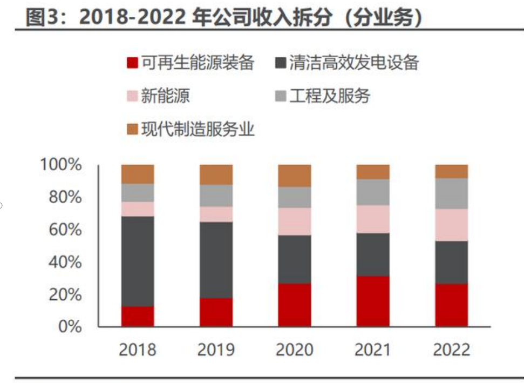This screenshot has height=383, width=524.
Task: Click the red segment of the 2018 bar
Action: point(138,316)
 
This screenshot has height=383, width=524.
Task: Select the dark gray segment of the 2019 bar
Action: point(216,260)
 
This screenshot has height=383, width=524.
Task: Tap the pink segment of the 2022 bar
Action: point(452,225)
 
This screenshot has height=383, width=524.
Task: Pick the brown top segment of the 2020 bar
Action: point(295,176)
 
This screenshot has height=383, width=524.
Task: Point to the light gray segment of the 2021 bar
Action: point(373,192)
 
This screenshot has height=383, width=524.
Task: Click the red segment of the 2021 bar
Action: point(373,301)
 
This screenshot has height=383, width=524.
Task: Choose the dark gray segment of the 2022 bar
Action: point(452,262)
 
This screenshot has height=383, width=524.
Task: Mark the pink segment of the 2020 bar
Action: point(295,221)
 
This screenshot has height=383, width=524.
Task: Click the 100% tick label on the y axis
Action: point(60,164)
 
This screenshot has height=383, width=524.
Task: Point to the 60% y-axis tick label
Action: point(64,230)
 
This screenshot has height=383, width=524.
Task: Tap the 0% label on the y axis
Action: point(69,327)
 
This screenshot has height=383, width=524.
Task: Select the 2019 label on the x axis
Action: point(216,350)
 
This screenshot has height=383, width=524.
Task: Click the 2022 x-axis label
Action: point(452,350)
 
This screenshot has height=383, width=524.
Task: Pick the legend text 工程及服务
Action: point(330,96)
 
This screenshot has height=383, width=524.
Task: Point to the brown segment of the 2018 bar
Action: point(138,174)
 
